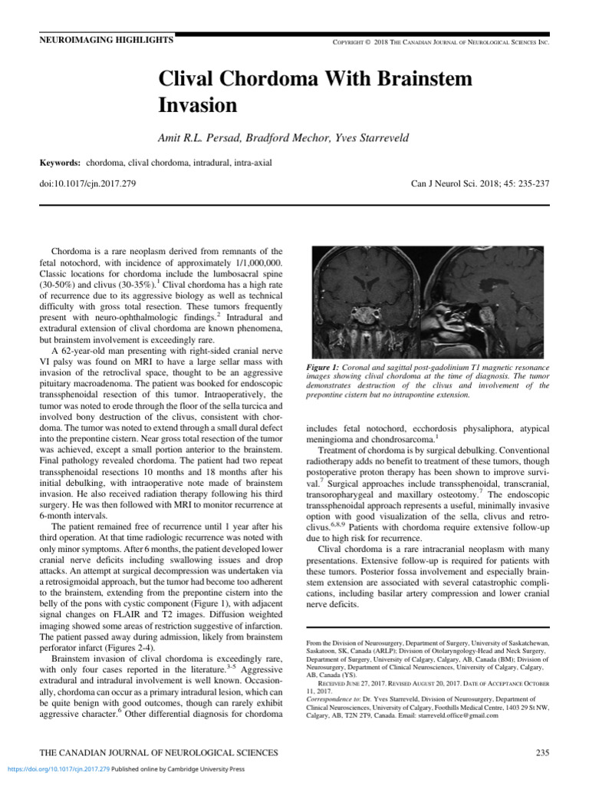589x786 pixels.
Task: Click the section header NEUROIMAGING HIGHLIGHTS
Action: [107, 39]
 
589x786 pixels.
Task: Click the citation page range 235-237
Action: [525, 184]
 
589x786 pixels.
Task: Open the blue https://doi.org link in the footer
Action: [58, 768]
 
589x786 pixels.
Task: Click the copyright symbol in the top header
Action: [367, 41]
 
